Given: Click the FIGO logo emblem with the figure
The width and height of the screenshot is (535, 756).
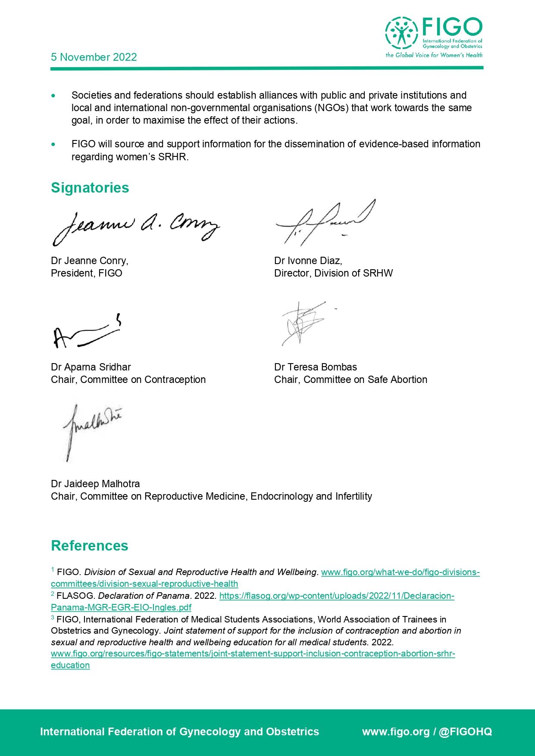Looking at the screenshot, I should [401, 33].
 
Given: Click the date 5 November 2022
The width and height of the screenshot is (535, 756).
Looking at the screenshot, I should [94, 57].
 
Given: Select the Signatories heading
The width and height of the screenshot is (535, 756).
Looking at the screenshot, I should [90, 188].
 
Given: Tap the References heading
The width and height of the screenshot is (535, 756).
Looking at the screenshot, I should [89, 546].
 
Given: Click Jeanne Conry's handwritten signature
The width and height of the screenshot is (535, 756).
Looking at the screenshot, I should [136, 227].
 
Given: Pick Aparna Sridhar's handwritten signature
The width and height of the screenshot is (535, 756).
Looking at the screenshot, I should [86, 334].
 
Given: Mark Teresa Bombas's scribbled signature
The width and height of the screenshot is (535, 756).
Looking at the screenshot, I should [303, 323].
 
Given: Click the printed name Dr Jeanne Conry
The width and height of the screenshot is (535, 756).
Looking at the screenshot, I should [89, 261].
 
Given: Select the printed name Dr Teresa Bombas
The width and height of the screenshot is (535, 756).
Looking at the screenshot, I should [315, 367].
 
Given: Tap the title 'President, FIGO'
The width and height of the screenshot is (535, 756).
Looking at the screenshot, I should [86, 273].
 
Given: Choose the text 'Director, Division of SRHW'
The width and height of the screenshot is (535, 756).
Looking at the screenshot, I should [333, 273].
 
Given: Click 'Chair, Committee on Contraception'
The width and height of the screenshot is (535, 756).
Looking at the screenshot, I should [128, 380].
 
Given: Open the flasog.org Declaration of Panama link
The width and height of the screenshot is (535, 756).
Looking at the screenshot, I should [336, 596].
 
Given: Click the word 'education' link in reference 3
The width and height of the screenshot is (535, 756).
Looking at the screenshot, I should [70, 665].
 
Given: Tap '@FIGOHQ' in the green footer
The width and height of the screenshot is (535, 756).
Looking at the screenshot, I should [465, 732].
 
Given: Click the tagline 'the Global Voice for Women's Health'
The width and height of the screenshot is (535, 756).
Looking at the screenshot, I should [434, 55].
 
